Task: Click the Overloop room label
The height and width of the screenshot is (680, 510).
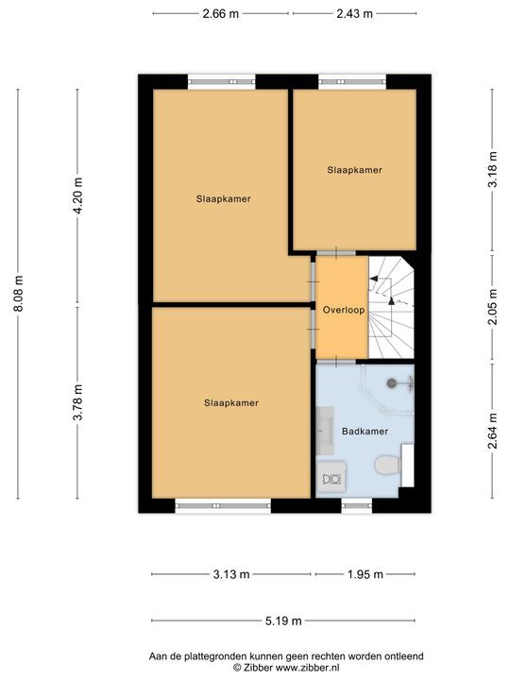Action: pyautogui.click(x=342, y=310)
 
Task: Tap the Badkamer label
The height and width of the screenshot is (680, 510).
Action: pyautogui.click(x=365, y=431)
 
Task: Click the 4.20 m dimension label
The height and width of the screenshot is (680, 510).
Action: pyautogui.click(x=78, y=196)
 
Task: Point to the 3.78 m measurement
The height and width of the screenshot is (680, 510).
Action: pyautogui.click(x=78, y=400)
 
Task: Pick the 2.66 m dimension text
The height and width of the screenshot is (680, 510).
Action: pyautogui.click(x=221, y=14)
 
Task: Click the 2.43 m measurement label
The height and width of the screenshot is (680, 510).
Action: pyautogui.click(x=354, y=14)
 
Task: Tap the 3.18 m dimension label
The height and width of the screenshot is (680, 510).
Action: pyautogui.click(x=491, y=170)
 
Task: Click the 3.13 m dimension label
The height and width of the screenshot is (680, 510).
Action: pyautogui.click(x=231, y=574)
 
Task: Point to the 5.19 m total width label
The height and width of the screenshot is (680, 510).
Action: pyautogui.click(x=283, y=620)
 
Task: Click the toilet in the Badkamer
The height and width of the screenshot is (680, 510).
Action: pyautogui.click(x=386, y=467)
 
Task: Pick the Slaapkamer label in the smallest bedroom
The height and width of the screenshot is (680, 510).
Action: pyautogui.click(x=355, y=170)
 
